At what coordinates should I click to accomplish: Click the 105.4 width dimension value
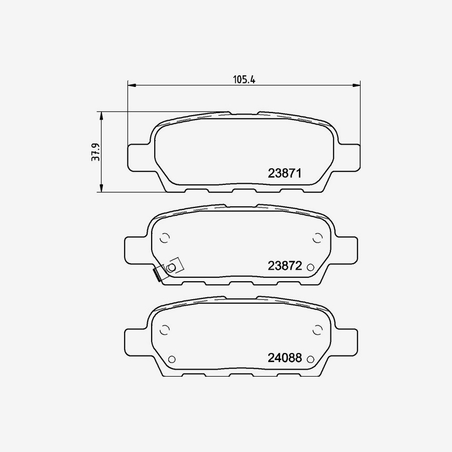[x=245, y=79]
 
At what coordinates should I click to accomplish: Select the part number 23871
[x=284, y=174]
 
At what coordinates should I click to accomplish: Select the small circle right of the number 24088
[x=310, y=359]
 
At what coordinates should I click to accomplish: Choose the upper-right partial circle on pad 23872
[x=317, y=238]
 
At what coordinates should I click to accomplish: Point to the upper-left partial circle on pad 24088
[x=164, y=330]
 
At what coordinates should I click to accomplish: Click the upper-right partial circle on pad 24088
[x=317, y=330]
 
